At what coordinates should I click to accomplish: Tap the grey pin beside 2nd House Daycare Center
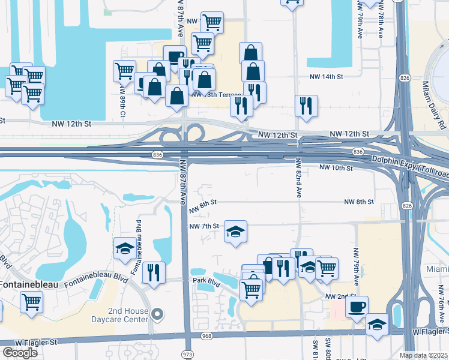tap(158, 314)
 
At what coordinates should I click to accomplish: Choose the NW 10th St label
tap(334, 167)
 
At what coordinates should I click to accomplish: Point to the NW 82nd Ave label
tap(298, 178)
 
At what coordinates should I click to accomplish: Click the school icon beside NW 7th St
tap(235, 231)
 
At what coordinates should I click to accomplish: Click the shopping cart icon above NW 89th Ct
tap(124, 70)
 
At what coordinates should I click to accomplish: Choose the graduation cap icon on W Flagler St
tap(377, 324)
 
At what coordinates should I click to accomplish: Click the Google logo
tap(20, 353)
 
